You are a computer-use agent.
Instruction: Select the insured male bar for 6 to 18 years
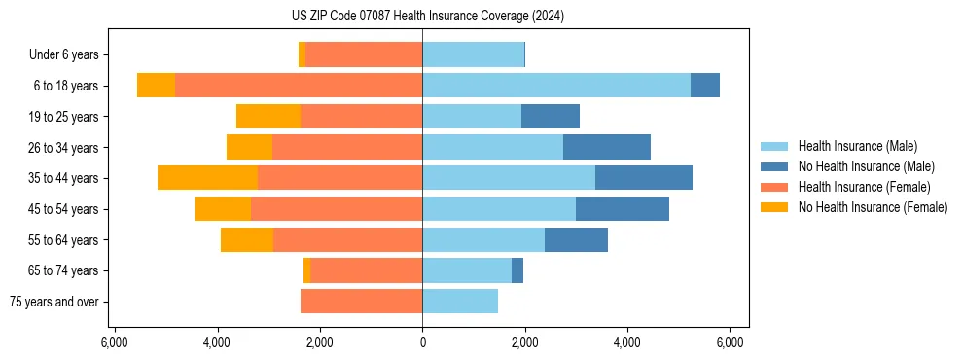[x=555, y=86]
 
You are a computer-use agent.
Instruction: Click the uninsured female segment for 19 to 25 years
[x=268, y=117]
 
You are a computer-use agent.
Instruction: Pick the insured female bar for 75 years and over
[x=361, y=302]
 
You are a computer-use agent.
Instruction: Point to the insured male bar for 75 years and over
[x=459, y=302]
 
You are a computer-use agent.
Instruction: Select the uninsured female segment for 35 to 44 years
[x=207, y=178]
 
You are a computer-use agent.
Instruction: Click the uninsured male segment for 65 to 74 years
[x=517, y=270]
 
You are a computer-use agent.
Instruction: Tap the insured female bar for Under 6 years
[x=364, y=54]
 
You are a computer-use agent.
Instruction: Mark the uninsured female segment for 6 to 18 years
[x=156, y=86]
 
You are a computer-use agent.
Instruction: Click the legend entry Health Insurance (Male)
[x=857, y=146]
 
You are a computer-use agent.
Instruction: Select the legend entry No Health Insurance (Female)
[x=873, y=207]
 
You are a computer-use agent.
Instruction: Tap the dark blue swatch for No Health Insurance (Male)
[x=774, y=166]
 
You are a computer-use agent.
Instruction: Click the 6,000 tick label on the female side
[x=114, y=342]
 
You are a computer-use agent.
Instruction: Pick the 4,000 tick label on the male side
[x=627, y=342]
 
